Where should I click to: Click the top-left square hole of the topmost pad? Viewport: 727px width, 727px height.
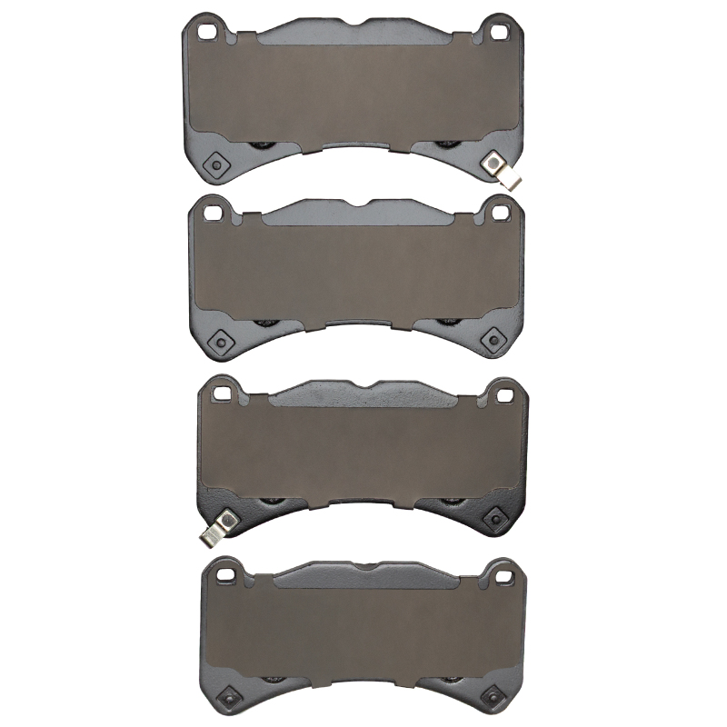click(x=208, y=30)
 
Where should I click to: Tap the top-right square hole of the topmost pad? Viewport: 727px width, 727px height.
click(x=498, y=30)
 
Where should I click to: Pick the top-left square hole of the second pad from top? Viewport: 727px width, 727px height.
click(x=213, y=213)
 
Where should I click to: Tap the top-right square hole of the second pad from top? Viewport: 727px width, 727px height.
click(x=499, y=212)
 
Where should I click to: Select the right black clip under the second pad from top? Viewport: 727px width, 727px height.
click(x=445, y=321)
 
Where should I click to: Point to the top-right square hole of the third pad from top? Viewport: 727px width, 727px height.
click(x=503, y=392)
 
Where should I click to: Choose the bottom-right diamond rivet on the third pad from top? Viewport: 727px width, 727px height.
click(x=496, y=516)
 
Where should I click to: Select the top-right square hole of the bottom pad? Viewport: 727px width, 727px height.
click(x=503, y=573)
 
